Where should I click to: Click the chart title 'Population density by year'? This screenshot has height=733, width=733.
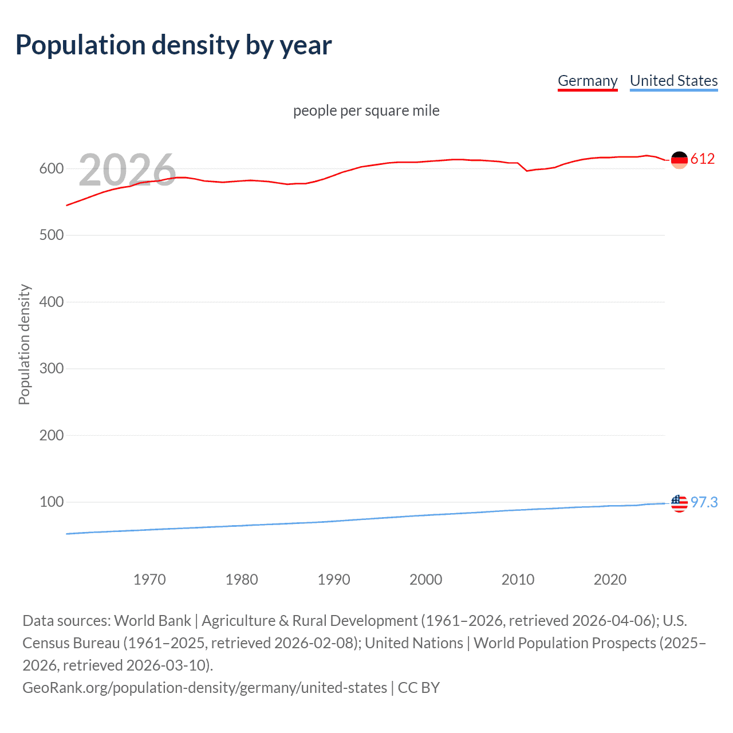pyautogui.click(x=174, y=45)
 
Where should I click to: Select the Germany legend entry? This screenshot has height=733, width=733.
pyautogui.click(x=588, y=81)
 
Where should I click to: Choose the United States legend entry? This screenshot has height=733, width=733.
pyautogui.click(x=673, y=81)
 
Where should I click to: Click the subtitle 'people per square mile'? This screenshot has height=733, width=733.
pyautogui.click(x=366, y=111)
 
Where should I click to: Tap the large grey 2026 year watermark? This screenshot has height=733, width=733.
pyautogui.click(x=127, y=170)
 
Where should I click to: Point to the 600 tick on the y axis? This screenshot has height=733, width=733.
pyautogui.click(x=51, y=168)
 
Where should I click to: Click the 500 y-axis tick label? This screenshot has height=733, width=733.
pyautogui.click(x=51, y=235)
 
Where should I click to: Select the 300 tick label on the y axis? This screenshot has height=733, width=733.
pyautogui.click(x=51, y=368)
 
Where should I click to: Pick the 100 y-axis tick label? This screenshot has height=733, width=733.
pyautogui.click(x=51, y=502)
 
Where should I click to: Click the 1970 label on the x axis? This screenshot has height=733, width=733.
pyautogui.click(x=149, y=580)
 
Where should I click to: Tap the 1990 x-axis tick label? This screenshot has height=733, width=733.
pyautogui.click(x=334, y=580)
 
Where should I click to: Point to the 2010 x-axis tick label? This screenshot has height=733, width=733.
pyautogui.click(x=518, y=580)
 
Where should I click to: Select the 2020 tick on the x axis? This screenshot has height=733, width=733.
pyautogui.click(x=610, y=580)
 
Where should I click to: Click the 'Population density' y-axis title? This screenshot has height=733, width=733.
pyautogui.click(x=24, y=345)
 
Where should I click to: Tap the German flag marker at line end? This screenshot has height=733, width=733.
pyautogui.click(x=679, y=160)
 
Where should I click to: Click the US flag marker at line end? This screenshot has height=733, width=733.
pyautogui.click(x=679, y=503)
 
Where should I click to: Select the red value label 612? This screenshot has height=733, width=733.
pyautogui.click(x=703, y=159)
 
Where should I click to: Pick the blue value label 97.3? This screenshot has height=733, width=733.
pyautogui.click(x=704, y=502)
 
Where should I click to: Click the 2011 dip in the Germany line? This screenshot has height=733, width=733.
pyautogui.click(x=527, y=171)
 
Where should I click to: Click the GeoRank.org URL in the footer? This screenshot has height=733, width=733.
pyautogui.click(x=204, y=688)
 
